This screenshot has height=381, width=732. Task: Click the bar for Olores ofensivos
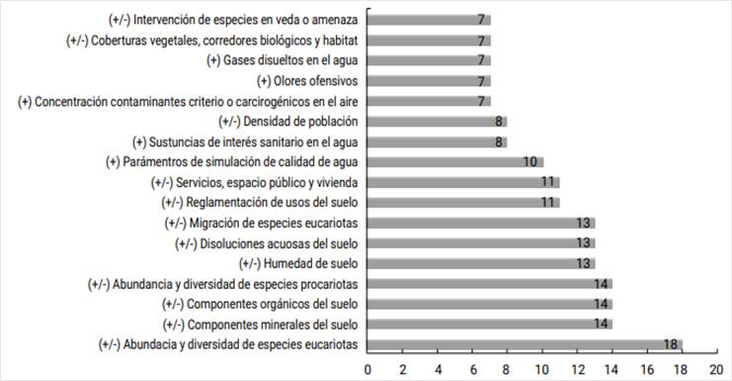(x=429, y=80)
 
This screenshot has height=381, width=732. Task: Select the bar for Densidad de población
(x=438, y=122)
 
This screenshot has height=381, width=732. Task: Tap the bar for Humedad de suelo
(x=481, y=263)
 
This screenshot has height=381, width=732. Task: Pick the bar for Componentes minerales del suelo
(x=490, y=325)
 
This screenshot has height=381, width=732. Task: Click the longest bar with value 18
(x=525, y=344)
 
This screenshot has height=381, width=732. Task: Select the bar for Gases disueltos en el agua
(x=429, y=60)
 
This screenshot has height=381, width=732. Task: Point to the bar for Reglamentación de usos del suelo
(x=463, y=203)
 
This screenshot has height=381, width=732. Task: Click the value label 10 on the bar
(x=530, y=162)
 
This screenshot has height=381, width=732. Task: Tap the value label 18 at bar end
(x=671, y=345)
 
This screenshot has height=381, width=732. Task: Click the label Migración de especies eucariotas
(x=268, y=223)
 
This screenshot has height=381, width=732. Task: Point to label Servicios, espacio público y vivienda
(x=254, y=182)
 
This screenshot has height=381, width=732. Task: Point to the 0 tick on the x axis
(x=368, y=368)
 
